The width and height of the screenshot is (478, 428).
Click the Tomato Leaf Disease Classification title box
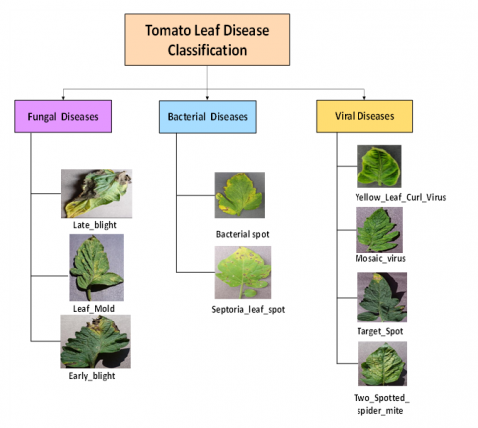(x=207, y=40)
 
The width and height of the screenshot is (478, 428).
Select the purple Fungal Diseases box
(x=63, y=116)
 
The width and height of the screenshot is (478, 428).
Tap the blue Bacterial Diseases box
(x=208, y=116)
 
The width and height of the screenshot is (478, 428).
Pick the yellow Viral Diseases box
(x=364, y=116)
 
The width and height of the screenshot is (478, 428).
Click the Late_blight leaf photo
(x=97, y=194)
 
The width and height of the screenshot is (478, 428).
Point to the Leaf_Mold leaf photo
(x=97, y=267)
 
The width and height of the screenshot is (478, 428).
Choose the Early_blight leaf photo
(x=96, y=341)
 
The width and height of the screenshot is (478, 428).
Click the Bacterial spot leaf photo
(x=240, y=195)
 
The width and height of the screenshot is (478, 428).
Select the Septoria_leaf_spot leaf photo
(x=243, y=272)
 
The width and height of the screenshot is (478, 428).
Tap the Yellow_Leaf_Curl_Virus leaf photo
(x=379, y=166)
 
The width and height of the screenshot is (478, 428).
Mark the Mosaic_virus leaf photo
(x=379, y=230)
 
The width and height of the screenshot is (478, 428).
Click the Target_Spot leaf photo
(x=381, y=298)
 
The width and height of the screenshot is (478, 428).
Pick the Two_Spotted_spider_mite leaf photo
(x=382, y=364)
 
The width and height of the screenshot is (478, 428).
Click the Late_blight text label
(x=95, y=225)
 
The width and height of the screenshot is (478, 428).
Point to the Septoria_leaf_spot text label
(x=248, y=310)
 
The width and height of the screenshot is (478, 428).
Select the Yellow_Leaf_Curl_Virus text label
(x=400, y=197)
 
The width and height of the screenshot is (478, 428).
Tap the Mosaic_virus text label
(x=380, y=258)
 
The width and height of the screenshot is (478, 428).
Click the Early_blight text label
(x=92, y=376)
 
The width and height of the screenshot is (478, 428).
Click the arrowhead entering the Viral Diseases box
(x=364, y=98)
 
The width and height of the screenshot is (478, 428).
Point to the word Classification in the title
(x=207, y=50)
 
